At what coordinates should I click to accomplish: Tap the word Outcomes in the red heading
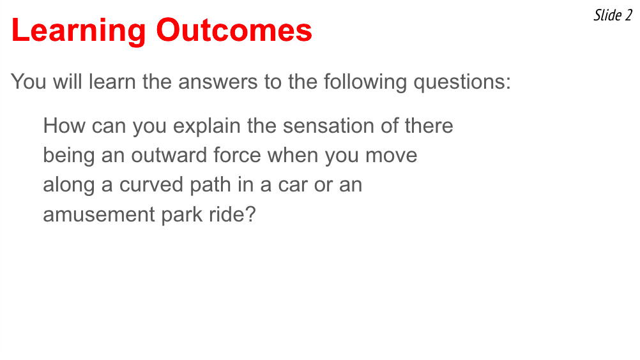pyautogui.click(x=234, y=30)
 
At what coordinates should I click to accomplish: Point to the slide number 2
pyautogui.click(x=629, y=15)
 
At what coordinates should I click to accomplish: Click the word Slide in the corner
pyautogui.click(x=608, y=15)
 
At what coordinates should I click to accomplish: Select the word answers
pyautogui.click(x=218, y=82)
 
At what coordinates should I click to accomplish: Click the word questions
pyautogui.click(x=462, y=82)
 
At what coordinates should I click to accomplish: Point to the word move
pyautogui.click(x=391, y=156)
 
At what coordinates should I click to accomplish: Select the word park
pyautogui.click(x=182, y=215)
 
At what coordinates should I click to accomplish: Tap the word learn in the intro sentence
pyautogui.click(x=112, y=82)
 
